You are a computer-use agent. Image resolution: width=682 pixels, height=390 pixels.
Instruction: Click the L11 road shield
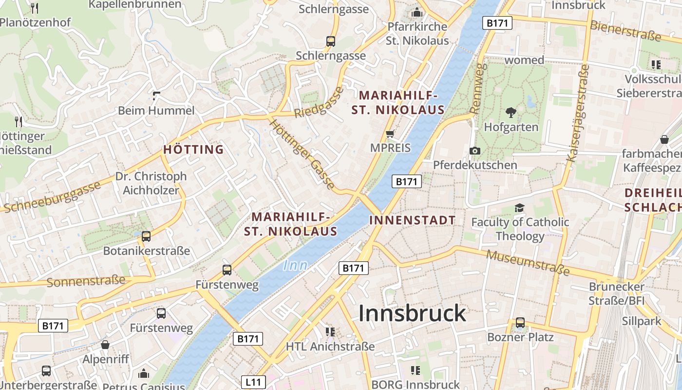tap(253, 382)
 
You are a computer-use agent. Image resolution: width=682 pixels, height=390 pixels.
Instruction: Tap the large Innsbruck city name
tap(412, 313)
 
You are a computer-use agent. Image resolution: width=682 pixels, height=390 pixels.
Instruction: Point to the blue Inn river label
tap(295, 265)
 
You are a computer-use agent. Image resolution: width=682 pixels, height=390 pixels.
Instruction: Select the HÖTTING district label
tap(193, 149)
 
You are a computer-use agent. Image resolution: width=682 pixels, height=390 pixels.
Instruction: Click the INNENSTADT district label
tap(412, 220)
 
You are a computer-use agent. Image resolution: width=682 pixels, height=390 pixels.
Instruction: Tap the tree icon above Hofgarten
tap(511, 113)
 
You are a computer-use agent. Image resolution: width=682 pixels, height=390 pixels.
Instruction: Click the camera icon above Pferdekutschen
tap(475, 151)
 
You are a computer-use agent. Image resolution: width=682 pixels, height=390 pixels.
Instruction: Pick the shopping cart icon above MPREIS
tap(390, 134)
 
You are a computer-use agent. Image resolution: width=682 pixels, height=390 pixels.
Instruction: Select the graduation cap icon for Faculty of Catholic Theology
tap(520, 208)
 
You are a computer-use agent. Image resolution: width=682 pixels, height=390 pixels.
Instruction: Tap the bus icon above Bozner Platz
tap(520, 322)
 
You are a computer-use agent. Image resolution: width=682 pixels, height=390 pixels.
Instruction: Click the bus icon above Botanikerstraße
tap(146, 236)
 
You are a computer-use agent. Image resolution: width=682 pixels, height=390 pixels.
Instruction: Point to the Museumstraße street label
tap(528, 262)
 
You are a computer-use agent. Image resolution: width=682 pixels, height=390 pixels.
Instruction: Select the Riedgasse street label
tap(319, 102)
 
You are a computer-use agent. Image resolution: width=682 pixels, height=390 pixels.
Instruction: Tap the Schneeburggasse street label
tap(51, 196)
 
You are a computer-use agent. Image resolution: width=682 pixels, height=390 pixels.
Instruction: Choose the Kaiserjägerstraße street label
tap(579, 114)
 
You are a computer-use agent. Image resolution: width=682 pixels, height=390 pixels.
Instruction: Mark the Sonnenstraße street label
tap(86, 281)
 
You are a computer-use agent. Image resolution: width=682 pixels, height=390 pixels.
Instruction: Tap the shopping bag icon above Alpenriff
tap(105, 345)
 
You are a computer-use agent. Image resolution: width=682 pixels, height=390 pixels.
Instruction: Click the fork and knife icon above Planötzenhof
tap(35, 8)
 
